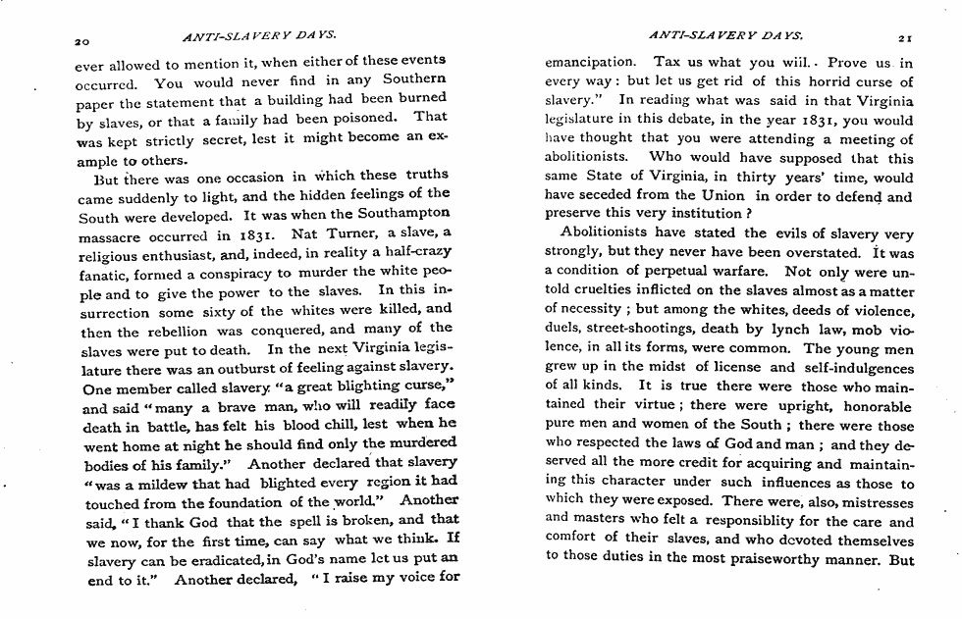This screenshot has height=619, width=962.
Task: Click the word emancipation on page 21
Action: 590,63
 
